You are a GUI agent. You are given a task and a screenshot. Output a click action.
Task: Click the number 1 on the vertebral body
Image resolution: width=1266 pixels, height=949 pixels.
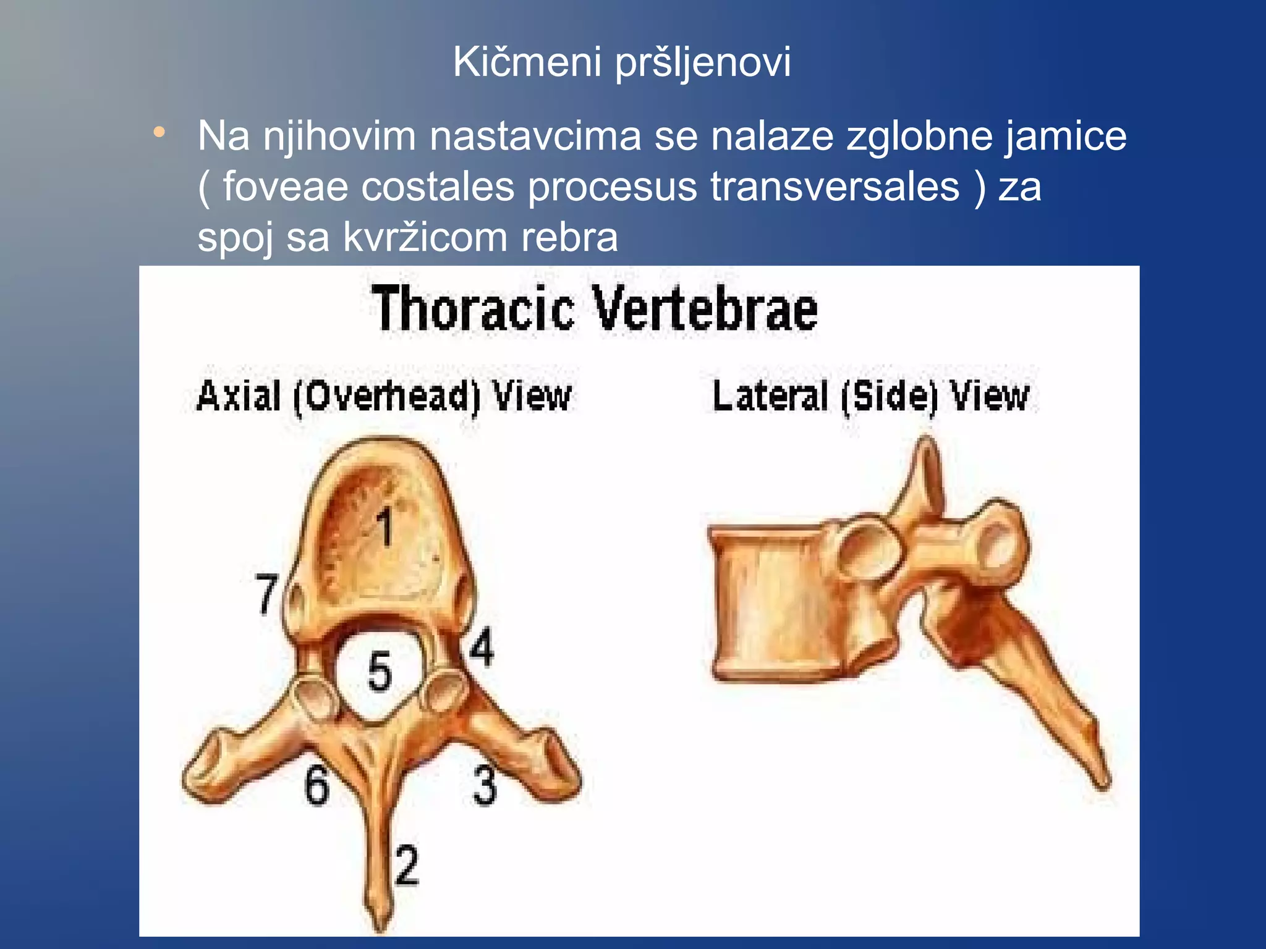point(386,527)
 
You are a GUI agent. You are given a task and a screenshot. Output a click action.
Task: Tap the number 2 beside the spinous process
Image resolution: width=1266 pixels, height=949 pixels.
point(407,865)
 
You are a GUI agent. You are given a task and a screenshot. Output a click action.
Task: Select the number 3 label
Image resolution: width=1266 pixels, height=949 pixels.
point(485,785)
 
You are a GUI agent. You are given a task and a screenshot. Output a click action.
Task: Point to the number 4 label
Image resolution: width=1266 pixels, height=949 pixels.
point(482,647)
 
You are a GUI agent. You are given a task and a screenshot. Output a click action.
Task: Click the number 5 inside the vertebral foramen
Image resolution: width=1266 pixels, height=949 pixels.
point(380,672)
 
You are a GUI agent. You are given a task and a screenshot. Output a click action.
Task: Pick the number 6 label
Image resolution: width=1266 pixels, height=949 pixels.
point(316,785)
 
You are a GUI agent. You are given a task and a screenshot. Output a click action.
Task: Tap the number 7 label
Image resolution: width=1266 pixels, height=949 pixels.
point(267,594)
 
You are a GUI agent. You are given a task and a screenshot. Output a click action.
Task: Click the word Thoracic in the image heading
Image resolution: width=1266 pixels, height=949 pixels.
point(474,309)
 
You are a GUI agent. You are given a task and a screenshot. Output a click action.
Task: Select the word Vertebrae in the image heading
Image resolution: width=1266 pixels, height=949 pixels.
point(705,309)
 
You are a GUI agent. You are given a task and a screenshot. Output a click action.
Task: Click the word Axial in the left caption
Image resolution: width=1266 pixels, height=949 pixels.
point(239,396)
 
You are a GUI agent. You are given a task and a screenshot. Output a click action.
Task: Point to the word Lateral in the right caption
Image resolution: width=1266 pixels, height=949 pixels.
point(770,396)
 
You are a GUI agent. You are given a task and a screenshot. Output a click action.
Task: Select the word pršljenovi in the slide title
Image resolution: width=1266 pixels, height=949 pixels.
point(703,63)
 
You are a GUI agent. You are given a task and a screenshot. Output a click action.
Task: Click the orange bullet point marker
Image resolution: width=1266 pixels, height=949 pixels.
point(160,132)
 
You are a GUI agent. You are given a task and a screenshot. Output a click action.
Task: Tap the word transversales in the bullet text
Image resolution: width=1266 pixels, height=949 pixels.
point(835,187)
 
